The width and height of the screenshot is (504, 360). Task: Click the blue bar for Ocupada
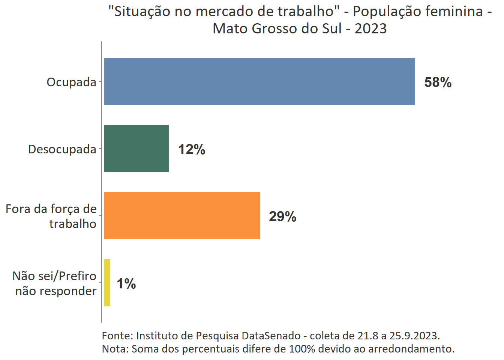point(259,81)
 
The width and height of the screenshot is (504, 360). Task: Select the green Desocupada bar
point(136,148)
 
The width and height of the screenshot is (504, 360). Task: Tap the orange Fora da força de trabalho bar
point(182,216)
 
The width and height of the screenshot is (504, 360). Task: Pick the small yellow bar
point(107,283)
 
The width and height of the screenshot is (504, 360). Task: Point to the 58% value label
point(438,82)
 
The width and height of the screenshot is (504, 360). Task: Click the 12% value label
point(192,150)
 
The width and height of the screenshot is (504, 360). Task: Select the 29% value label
point(282,217)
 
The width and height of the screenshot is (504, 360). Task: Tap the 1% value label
point(126,284)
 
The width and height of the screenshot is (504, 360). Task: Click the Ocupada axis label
point(71,82)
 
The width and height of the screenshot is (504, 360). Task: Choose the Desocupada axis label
point(62,149)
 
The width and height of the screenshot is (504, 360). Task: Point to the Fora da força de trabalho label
point(51,216)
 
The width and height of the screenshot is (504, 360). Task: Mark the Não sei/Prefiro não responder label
point(55,283)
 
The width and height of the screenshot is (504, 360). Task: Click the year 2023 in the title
point(370,28)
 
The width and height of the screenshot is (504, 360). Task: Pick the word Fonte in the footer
point(116,336)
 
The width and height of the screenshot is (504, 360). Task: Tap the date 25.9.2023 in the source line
point(414,336)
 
